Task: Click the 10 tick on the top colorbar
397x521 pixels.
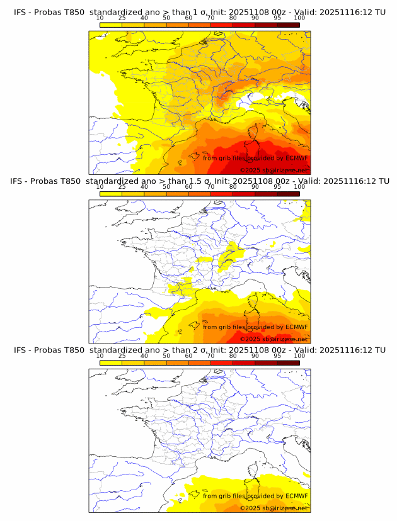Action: (x=100, y=18)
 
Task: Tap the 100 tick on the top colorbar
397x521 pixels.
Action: (x=299, y=18)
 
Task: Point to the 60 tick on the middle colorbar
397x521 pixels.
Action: (x=188, y=186)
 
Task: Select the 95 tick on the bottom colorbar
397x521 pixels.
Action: (x=277, y=355)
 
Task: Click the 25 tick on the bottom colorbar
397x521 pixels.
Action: (x=122, y=355)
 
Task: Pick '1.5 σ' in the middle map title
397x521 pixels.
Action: (x=200, y=181)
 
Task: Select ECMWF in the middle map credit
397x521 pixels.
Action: (x=296, y=327)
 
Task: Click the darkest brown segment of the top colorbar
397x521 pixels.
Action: (x=288, y=25)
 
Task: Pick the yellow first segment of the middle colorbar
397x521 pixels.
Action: (x=111, y=193)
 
